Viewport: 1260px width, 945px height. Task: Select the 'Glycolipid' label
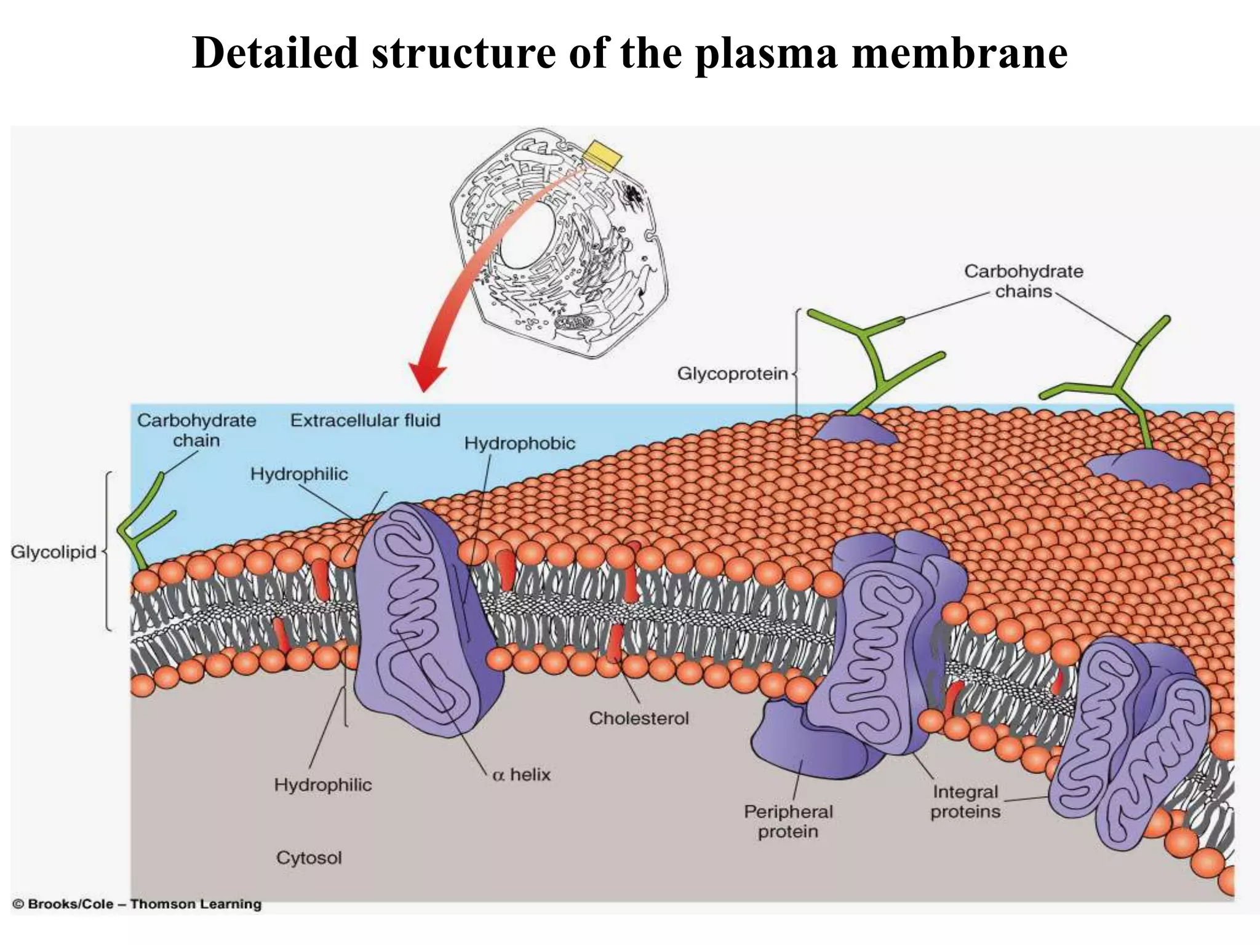tap(54, 552)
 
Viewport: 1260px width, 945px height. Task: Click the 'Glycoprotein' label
tap(732, 373)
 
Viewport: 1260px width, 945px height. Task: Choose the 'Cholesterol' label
tap(639, 718)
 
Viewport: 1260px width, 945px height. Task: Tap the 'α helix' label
tap(521, 775)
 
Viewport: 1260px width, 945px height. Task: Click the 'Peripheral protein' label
tap(788, 821)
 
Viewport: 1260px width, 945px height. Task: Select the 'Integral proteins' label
tap(965, 802)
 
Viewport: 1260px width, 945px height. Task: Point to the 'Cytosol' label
tap(309, 858)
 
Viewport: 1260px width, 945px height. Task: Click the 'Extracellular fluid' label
tap(365, 420)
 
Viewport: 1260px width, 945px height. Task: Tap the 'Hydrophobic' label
tap(519, 443)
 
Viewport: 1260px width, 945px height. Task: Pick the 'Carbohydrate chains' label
tap(1023, 281)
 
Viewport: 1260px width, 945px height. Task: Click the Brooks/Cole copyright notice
tap(137, 904)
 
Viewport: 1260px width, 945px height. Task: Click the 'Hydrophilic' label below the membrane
tap(323, 784)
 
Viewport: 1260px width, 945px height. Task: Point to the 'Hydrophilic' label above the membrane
tap(299, 474)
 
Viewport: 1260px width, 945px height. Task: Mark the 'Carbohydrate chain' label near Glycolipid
tap(196, 430)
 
